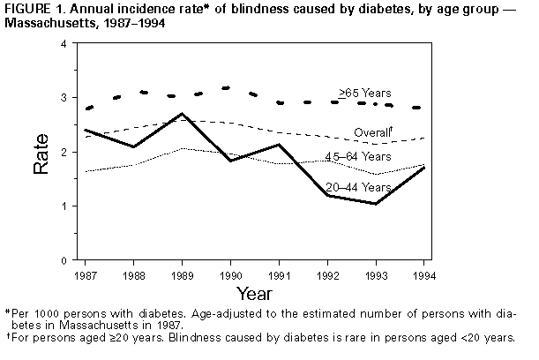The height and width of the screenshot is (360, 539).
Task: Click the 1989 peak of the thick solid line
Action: click(180, 114)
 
